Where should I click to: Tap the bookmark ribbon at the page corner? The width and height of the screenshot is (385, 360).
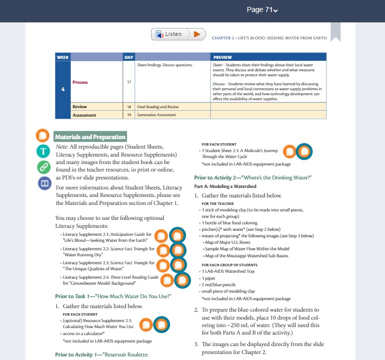[335, 32]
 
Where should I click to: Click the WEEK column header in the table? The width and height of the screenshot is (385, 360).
[63, 57]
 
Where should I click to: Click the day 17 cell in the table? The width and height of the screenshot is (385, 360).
[129, 82]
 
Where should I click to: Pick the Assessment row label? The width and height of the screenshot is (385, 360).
[84, 115]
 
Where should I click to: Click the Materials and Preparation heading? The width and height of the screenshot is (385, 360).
[90, 137]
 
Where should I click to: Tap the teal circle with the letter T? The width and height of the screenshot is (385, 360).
[44, 151]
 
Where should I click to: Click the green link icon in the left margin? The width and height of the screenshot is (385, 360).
[44, 167]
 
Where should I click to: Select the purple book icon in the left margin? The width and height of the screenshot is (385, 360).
[44, 183]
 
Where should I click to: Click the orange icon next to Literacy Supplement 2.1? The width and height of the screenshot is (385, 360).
[161, 237]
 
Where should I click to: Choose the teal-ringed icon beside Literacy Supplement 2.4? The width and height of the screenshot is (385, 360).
[182, 281]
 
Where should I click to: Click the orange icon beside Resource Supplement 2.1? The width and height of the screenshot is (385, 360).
[146, 325]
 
